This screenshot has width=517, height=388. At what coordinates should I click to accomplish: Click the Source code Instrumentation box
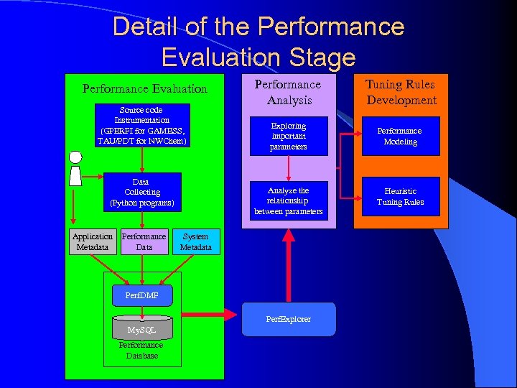pos(142,126)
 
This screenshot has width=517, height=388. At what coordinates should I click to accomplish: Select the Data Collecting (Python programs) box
pos(142,193)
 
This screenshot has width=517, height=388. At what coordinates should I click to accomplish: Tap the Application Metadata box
pos(93,241)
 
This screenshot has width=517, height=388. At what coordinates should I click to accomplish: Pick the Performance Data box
pos(144,241)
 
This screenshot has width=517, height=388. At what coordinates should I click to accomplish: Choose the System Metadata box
pos(195,241)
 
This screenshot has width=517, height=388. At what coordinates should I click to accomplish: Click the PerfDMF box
pos(142,295)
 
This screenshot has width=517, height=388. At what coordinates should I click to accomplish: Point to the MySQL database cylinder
pos(142,328)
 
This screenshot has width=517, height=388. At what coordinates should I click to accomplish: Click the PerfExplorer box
pos(288,318)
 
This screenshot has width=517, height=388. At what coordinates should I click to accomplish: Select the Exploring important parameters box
pos(288,136)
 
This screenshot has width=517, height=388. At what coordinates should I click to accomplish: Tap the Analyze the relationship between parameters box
pos(288,201)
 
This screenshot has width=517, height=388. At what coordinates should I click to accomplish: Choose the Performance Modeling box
pos(400,136)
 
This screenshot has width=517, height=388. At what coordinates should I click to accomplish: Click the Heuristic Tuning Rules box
pos(400,196)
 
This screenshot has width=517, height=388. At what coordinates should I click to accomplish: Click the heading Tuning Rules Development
pos(401,93)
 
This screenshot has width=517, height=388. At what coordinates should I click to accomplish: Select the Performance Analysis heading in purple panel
pos(288,93)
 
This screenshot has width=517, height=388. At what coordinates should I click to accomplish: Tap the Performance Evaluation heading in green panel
pos(144,89)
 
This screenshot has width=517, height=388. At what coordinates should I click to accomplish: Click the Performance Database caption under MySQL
pos(141,351)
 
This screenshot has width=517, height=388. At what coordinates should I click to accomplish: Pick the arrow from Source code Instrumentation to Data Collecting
pos(142,160)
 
